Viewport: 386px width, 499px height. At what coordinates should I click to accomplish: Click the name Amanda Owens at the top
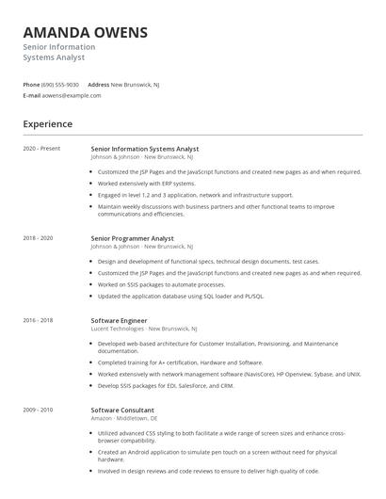pyautogui.click(x=86, y=32)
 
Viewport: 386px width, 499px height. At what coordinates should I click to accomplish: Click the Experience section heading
pyautogui.click(x=48, y=123)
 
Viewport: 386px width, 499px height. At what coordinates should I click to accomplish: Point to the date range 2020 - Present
pyautogui.click(x=41, y=149)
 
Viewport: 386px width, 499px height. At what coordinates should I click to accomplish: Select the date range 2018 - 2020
pyautogui.click(x=39, y=238)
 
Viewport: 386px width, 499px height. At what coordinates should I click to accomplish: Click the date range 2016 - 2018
pyautogui.click(x=39, y=320)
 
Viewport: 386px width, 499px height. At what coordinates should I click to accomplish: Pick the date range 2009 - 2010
pyautogui.click(x=39, y=410)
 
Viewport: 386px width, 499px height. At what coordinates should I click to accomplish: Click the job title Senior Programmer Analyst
pyautogui.click(x=133, y=238)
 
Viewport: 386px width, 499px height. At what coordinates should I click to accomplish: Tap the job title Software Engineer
pyautogui.click(x=120, y=320)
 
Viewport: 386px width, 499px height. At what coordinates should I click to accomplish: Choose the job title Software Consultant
pyautogui.click(x=122, y=410)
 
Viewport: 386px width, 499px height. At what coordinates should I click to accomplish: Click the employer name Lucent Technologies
pyautogui.click(x=116, y=328)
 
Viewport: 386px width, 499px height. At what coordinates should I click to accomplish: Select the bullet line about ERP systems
pyautogui.click(x=146, y=184)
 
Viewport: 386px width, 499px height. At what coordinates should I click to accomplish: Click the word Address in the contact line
pyautogui.click(x=98, y=84)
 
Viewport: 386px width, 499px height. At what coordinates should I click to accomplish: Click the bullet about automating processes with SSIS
pyautogui.click(x=161, y=284)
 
